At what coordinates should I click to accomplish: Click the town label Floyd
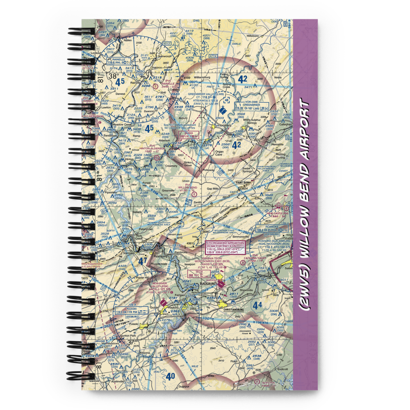(234, 361)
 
